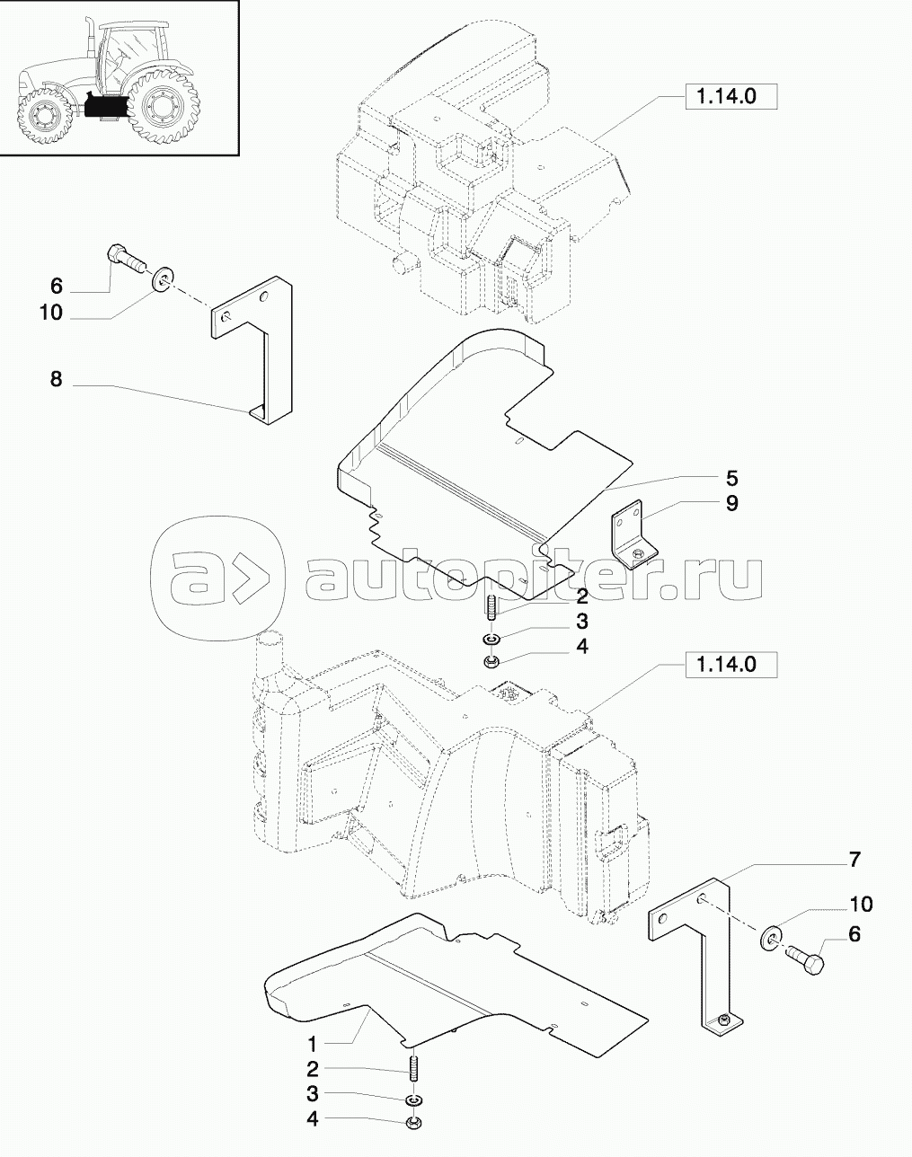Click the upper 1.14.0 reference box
click(x=731, y=97)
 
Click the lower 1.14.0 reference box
click(x=731, y=665)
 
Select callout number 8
click(x=57, y=380)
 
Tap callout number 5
click(x=732, y=478)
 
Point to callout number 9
click(x=732, y=503)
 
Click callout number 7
click(x=854, y=874)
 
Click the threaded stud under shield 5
click(x=492, y=606)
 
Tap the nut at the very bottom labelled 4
click(x=414, y=1122)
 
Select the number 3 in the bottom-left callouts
click(x=313, y=1093)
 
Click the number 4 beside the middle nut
click(x=582, y=646)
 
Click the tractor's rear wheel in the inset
click(x=163, y=108)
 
